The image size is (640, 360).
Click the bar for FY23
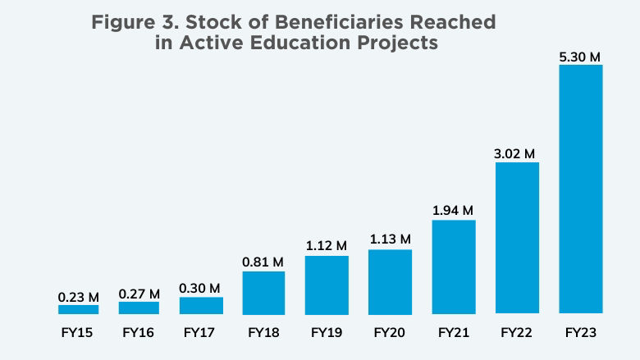(x=581, y=189)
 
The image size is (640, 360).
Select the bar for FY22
(x=517, y=238)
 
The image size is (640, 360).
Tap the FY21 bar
(x=454, y=267)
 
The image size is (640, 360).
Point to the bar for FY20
(x=390, y=281)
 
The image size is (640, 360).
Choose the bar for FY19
(x=327, y=285)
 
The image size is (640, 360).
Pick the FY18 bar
(x=263, y=293)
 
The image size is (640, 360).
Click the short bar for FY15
(x=78, y=309)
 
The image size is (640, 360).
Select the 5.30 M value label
(x=581, y=57)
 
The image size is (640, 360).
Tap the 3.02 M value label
(x=517, y=153)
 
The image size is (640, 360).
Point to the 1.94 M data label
(x=454, y=211)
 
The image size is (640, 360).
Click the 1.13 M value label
(x=390, y=239)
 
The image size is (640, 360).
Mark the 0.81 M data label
(x=263, y=262)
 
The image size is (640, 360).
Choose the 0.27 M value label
(x=139, y=293)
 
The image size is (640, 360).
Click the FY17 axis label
(x=200, y=333)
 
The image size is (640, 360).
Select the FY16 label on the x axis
(x=139, y=333)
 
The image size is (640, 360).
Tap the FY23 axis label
(x=581, y=333)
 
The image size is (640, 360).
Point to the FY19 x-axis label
(x=327, y=333)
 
